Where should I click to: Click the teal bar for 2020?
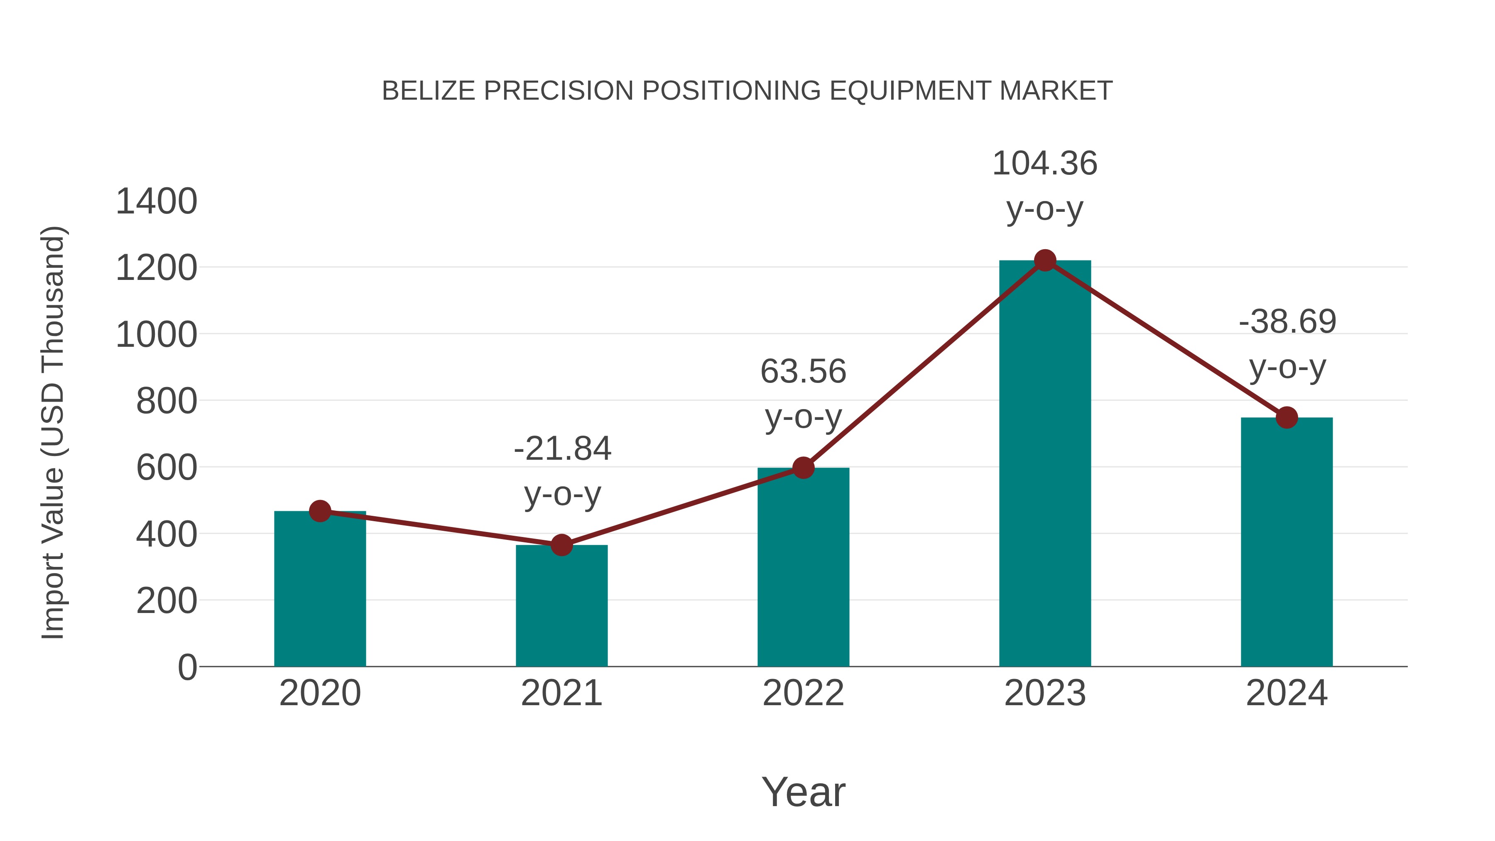pyautogui.click(x=320, y=589)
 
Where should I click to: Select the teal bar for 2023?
pyautogui.click(x=1045, y=464)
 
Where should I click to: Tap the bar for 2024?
pyautogui.click(x=1287, y=543)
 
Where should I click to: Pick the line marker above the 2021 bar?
pyautogui.click(x=561, y=545)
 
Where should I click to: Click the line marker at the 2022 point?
pyautogui.click(x=803, y=467)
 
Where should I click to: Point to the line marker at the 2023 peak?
pyautogui.click(x=1045, y=260)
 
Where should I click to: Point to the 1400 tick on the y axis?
pyautogui.click(x=156, y=201)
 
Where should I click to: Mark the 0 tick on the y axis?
pyautogui.click(x=187, y=667)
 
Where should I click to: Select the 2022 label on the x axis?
pyautogui.click(x=803, y=693)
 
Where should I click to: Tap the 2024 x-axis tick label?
pyautogui.click(x=1287, y=693)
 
